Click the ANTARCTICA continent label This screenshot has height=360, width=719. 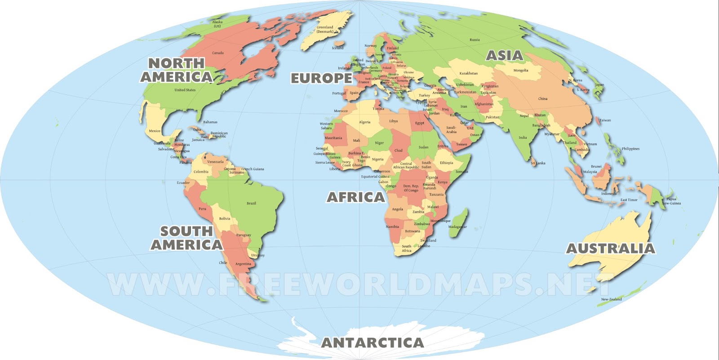coord(373,343)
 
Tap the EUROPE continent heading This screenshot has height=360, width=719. coord(321,78)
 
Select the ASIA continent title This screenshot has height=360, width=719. coord(505,56)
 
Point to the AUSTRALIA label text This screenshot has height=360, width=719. coord(610,249)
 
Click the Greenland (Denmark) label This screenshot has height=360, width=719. coord(325,30)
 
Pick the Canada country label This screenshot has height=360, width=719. coord(218,53)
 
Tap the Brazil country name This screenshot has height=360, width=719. coord(251,204)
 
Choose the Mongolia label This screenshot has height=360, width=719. coord(521,71)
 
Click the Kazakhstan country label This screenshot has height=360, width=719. coord(468,73)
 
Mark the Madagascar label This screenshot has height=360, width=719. coord(457,227)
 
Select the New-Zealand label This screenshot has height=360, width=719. coord(611,299)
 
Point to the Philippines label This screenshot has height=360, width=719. coord(630,149)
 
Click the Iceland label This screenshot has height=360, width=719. coord(337,48)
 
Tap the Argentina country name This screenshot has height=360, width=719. coord(243,264)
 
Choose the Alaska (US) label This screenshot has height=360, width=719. coord(217,24)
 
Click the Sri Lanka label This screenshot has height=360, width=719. coord(538,163)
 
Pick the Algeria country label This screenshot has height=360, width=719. coord(364,122)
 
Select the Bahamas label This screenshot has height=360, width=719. coord(210,122)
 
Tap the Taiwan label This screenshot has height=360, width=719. coord(605,120)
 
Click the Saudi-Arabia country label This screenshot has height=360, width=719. coord(451,130)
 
